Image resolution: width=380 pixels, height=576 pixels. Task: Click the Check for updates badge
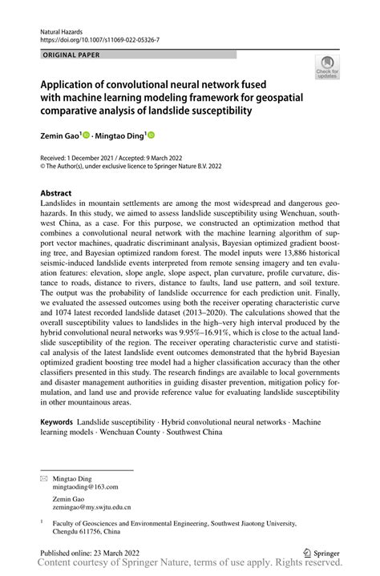(326, 69)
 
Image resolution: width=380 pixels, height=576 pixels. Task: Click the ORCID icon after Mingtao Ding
(150, 137)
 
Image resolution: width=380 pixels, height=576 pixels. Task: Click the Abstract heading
(55, 194)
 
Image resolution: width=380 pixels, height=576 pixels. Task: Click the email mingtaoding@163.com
(85, 486)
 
